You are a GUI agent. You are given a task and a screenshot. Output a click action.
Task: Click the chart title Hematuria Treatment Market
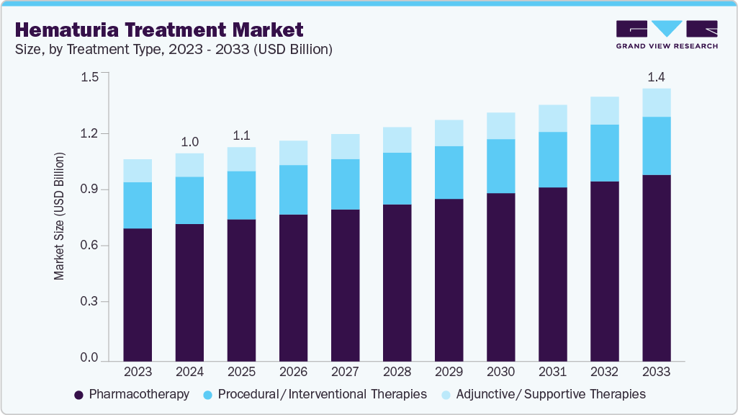coord(158,30)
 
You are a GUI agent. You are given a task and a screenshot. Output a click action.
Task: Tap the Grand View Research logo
coord(667,35)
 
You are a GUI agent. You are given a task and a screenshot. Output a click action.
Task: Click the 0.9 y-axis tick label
coord(90,189)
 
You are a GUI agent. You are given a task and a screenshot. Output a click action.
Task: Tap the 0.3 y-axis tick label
coord(90,302)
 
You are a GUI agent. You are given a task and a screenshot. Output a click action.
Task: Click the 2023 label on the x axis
coord(138,372)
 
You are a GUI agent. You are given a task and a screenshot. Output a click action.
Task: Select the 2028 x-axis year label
coord(397,372)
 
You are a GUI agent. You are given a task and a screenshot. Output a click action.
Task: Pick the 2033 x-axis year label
coord(656,372)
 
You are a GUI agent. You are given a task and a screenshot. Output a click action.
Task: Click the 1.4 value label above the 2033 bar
coord(656,76)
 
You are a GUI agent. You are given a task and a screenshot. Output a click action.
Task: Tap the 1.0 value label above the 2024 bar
coord(189,141)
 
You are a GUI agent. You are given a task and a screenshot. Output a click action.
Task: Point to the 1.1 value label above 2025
coord(241,135)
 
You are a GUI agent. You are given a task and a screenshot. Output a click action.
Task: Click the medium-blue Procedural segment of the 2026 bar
coord(293,189)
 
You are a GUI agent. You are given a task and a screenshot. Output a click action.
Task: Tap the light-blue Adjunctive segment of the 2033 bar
coord(656,102)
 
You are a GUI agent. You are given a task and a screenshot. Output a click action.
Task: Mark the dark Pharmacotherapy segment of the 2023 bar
coord(138,295)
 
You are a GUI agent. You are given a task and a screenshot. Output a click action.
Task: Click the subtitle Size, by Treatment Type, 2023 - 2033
coord(173,49)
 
